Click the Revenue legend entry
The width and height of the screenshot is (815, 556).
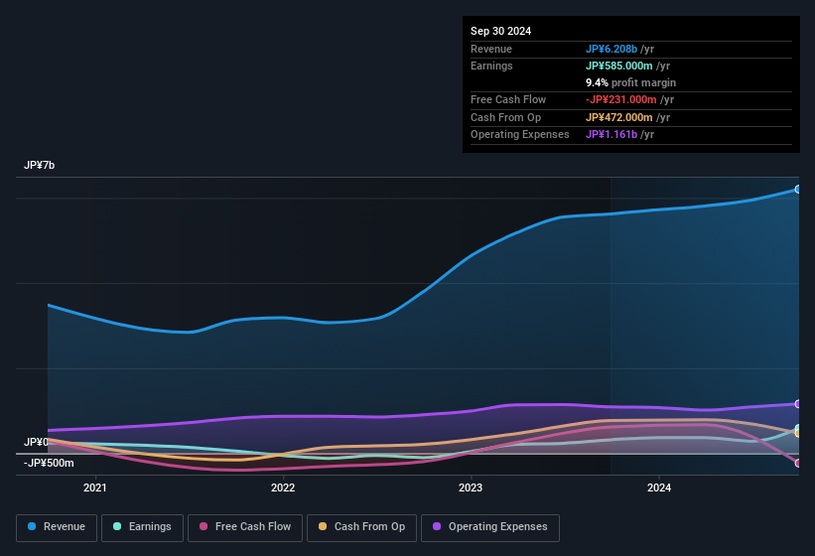tap(57, 527)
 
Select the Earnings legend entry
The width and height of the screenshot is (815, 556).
tap(142, 527)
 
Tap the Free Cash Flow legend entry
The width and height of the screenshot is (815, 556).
tap(245, 527)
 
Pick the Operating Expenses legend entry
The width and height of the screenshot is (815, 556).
tap(489, 527)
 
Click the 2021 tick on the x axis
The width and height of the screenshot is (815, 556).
tap(95, 487)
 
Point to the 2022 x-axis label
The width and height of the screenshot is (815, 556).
tap(283, 487)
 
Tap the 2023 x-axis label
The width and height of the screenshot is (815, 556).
tap(471, 487)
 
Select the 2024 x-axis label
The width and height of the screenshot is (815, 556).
tap(658, 487)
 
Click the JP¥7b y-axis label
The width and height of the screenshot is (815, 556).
tap(40, 165)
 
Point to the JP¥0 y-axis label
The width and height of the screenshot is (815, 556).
tap(37, 442)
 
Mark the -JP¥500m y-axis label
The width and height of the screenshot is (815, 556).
tap(49, 463)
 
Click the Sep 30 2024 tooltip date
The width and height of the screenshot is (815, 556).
tap(500, 31)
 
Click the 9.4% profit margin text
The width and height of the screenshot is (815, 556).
tap(630, 82)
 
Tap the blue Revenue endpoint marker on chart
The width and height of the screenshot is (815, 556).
tap(798, 189)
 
